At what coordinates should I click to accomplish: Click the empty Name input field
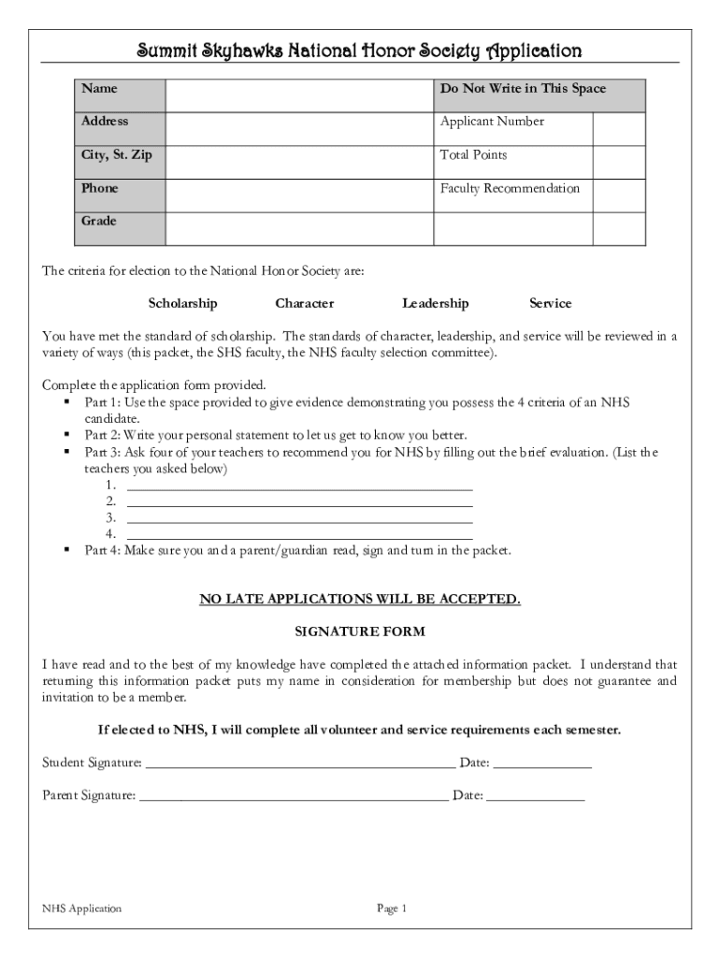(x=300, y=95)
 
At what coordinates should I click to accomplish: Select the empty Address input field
(x=300, y=129)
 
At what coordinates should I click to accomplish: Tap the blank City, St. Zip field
(x=300, y=162)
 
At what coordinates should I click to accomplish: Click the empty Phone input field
(x=300, y=196)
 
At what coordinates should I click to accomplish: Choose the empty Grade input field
(x=300, y=228)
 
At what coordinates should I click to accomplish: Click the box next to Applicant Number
(x=619, y=129)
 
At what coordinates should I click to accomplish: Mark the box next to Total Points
(x=619, y=162)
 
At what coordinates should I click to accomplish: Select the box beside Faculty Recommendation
(x=619, y=196)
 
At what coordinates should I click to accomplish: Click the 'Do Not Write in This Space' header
(x=523, y=89)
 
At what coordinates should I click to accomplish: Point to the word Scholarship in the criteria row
(x=182, y=303)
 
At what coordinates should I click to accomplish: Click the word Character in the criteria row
(x=304, y=303)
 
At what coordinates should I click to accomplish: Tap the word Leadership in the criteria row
(x=435, y=303)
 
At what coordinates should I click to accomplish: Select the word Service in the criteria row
(x=550, y=303)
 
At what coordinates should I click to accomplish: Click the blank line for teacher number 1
(x=299, y=486)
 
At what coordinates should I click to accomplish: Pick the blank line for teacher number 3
(x=299, y=519)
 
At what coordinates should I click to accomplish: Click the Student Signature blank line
(x=300, y=763)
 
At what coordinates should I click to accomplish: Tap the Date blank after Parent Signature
(x=535, y=797)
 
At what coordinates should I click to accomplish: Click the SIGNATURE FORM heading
(x=360, y=631)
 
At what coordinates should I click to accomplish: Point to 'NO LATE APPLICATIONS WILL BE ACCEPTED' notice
(x=360, y=599)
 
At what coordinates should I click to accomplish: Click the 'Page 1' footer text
(x=392, y=908)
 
